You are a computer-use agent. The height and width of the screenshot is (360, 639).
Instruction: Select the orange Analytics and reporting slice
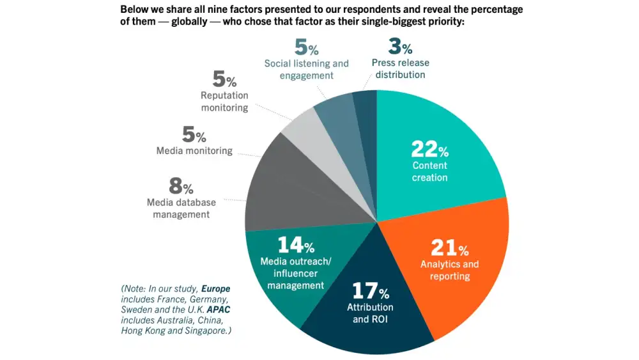460,275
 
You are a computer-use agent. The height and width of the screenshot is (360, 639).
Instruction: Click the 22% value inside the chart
429,150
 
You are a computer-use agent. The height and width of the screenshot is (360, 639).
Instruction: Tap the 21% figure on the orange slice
449,247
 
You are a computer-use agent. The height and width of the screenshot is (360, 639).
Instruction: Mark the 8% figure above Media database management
181,187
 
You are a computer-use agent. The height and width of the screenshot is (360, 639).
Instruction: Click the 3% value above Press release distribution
401,47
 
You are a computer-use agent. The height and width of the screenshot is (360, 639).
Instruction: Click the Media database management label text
181,208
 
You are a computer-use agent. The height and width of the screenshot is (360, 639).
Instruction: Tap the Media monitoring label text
194,151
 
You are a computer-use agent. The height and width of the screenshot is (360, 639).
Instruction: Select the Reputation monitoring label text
224,102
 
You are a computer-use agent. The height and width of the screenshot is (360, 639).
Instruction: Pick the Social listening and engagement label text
307,69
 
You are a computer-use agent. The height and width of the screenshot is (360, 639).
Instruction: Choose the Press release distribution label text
401,68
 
